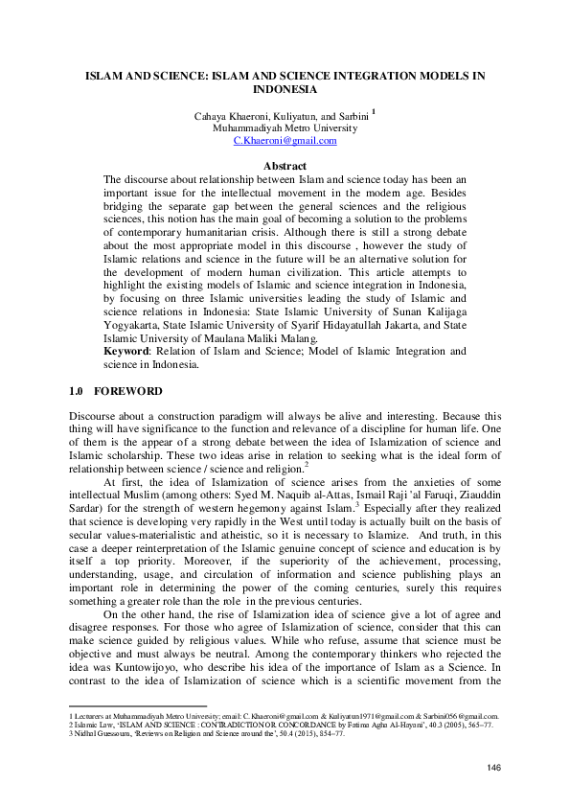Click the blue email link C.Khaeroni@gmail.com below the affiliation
[285, 140]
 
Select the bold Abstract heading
[285, 166]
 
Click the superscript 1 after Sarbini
[374, 111]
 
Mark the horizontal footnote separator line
[138, 704]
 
